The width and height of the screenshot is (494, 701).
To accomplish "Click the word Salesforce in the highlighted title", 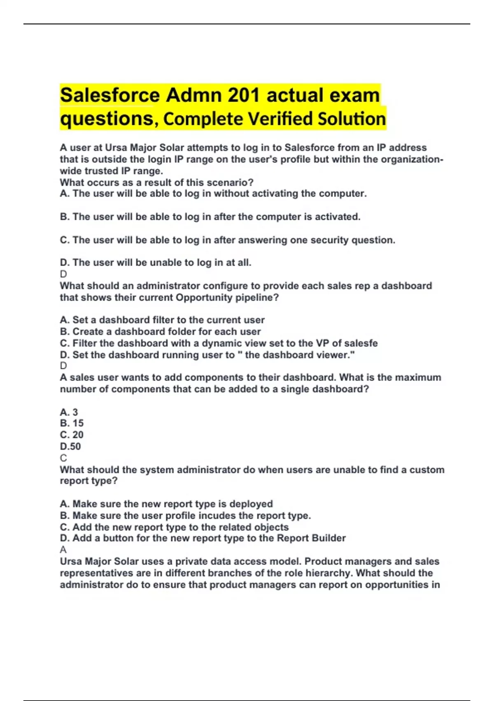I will click(x=110, y=96).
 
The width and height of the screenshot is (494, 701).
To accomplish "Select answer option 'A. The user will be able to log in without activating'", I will click(x=213, y=194).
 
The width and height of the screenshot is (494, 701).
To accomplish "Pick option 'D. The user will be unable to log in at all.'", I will click(x=155, y=263).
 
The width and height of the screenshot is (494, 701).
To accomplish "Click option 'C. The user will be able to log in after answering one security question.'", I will click(x=227, y=240).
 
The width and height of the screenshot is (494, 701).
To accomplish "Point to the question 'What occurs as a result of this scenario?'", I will click(x=156, y=182).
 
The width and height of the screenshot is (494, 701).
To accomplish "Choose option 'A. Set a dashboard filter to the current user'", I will click(x=162, y=320).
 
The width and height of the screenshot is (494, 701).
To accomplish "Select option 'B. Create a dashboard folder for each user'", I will click(x=160, y=332).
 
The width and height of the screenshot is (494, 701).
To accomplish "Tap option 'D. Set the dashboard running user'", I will click(x=207, y=355).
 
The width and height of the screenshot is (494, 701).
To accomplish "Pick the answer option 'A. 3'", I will click(x=69, y=412).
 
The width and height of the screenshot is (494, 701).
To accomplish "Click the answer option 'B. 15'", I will click(x=72, y=423).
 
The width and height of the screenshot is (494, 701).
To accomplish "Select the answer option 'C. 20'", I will click(x=72, y=435).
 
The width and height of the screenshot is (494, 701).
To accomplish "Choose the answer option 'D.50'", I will click(x=70, y=446).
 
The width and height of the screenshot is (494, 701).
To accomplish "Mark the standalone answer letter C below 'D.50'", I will click(x=63, y=458).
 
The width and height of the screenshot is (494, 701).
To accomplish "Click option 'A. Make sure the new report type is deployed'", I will click(x=166, y=504).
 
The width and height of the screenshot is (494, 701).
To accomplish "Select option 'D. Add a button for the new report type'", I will click(x=203, y=538).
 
